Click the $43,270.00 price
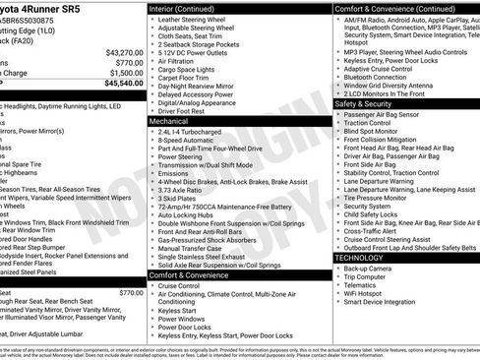tap(124, 52)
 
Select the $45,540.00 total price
tap(124, 84)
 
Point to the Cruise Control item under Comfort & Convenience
tap(186, 285)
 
